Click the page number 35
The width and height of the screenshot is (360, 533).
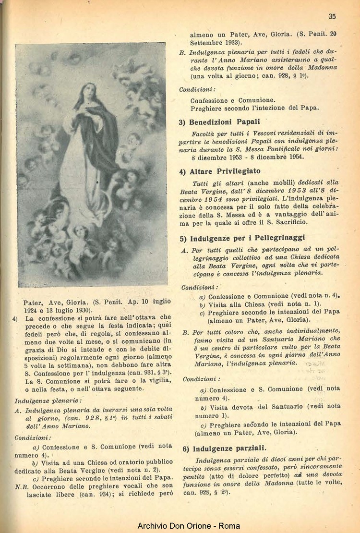coord(332,16)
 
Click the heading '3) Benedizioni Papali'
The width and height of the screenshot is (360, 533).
coord(219,122)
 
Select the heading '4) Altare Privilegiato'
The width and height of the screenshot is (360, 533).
coord(220,171)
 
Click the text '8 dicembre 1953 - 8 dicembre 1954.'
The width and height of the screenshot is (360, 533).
coord(247,157)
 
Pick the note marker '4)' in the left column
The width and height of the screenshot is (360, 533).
coord(15,318)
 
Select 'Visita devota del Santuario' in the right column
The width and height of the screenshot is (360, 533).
coord(252,407)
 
